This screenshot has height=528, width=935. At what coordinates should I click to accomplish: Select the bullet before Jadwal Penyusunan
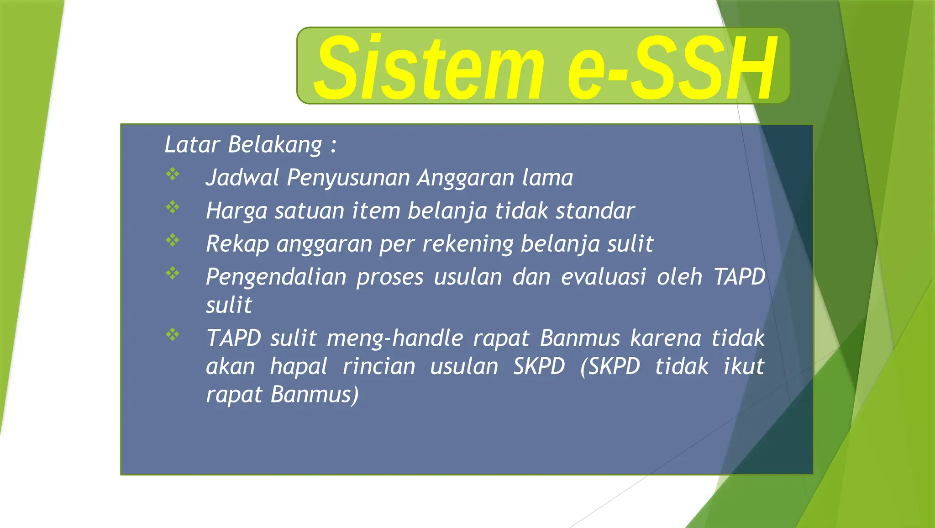pos(173,174)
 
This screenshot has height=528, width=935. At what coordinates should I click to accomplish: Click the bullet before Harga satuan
pos(173,207)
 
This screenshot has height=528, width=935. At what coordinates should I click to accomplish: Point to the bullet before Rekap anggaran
pos(173,240)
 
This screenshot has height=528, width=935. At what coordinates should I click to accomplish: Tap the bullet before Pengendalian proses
pos(173,273)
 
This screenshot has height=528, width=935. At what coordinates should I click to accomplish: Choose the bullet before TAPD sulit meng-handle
pos(173,335)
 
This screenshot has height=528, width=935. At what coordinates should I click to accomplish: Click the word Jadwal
pos(242,178)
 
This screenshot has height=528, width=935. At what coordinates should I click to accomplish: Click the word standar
pos(595,211)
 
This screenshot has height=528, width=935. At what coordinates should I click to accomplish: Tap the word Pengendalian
pos(276,277)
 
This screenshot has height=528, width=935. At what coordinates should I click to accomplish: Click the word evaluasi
pos(603,277)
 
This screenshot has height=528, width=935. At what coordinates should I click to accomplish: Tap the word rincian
pos(379,367)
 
